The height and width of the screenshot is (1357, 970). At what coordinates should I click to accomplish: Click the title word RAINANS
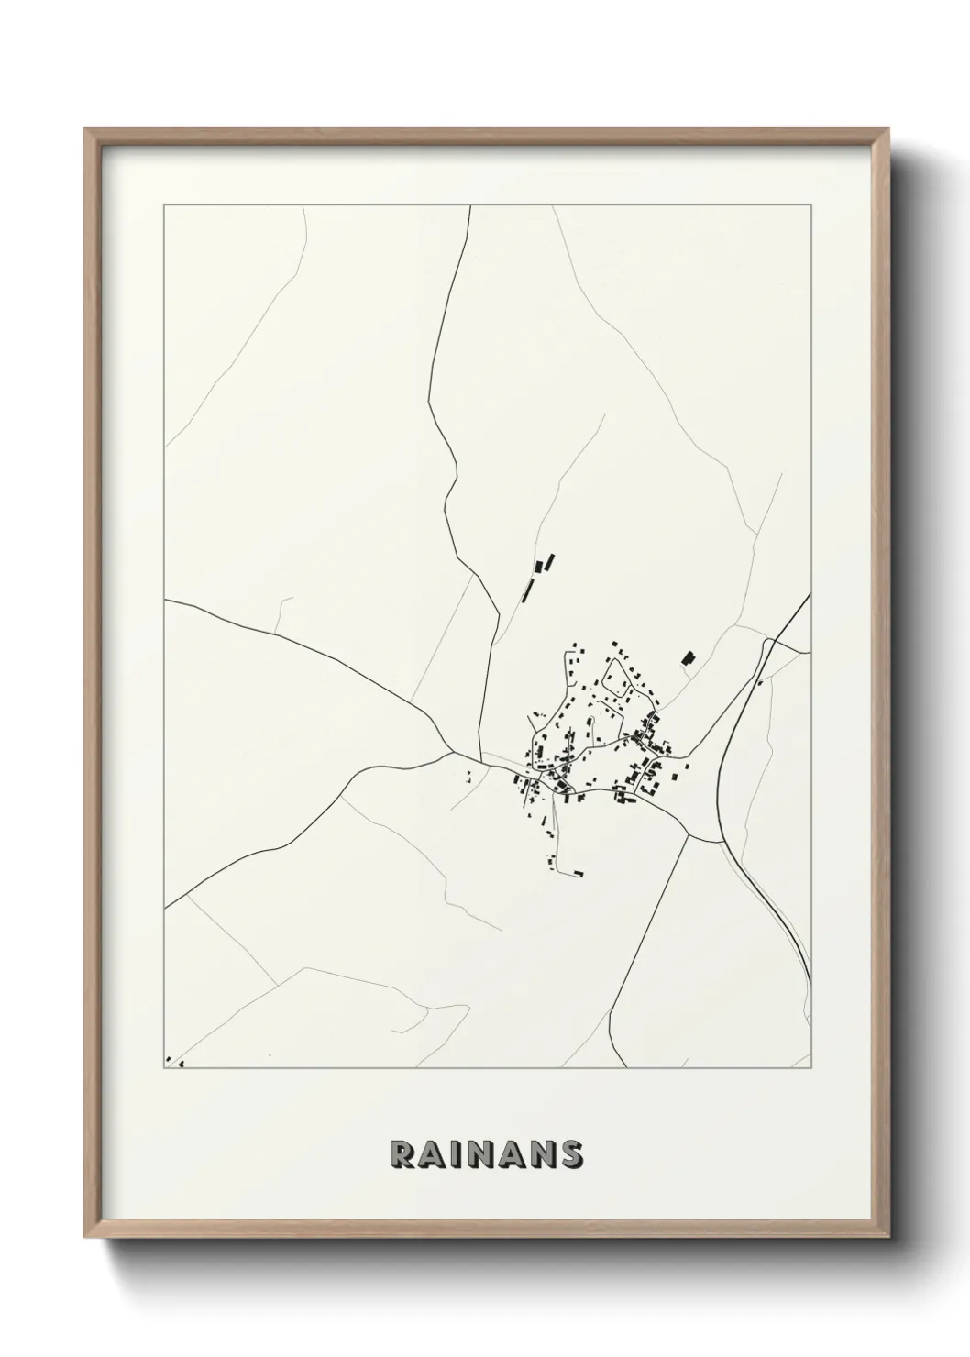click(486, 1154)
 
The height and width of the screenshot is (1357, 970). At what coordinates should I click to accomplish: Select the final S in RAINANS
click(571, 1154)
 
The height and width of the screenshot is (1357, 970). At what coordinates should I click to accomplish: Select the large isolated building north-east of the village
click(688, 657)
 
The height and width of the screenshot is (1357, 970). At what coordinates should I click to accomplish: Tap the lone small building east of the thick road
click(759, 682)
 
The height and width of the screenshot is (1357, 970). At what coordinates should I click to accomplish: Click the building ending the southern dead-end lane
click(578, 872)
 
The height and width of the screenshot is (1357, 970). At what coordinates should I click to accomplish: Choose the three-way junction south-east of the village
click(688, 834)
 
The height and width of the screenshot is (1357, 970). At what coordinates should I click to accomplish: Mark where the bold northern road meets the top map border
click(470, 206)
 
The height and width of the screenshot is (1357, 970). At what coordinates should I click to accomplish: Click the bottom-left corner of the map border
click(164, 1068)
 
